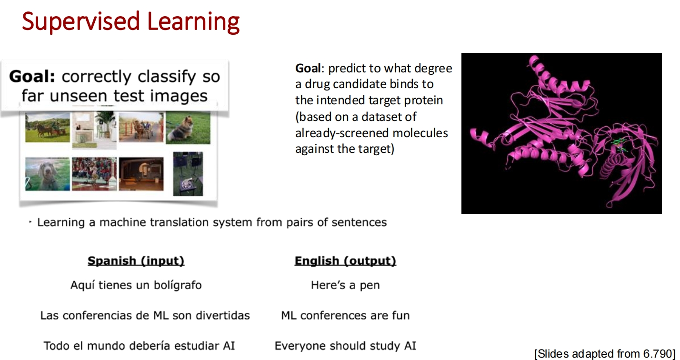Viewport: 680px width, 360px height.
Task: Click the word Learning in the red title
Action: point(193,22)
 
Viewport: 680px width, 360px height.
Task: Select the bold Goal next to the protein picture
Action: point(308,68)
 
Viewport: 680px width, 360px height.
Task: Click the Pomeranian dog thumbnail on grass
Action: point(188,128)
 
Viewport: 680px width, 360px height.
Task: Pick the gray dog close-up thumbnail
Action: point(47,174)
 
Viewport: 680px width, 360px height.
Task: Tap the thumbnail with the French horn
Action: point(188,174)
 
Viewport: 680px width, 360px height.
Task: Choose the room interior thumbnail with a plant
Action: point(94,130)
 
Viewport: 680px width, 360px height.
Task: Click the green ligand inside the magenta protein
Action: point(619,145)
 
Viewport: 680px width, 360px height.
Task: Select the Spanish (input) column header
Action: point(136,261)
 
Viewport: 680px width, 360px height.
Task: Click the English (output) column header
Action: point(345,261)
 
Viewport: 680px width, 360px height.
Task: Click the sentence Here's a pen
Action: point(345,285)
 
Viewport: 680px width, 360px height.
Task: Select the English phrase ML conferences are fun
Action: point(345,315)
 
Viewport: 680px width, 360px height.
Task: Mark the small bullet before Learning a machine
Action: point(30,222)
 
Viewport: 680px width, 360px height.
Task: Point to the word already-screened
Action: point(341,133)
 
